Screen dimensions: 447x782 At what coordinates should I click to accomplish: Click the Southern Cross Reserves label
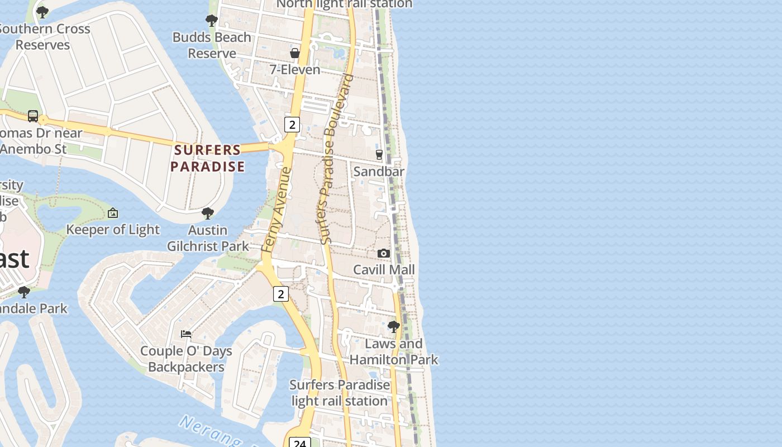point(44,37)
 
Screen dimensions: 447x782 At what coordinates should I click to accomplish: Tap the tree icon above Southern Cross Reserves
point(42,12)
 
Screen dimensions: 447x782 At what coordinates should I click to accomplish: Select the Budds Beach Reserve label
point(212,45)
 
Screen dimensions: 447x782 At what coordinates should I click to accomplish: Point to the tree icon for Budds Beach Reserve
point(211,21)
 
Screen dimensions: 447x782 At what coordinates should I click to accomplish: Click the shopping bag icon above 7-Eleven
point(294,53)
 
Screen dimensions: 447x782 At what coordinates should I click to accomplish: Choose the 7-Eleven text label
point(295,70)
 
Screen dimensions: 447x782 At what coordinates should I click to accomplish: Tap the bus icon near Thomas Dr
point(33,116)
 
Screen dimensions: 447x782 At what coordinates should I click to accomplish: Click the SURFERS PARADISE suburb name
point(208,158)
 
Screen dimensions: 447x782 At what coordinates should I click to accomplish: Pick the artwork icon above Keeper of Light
point(113,213)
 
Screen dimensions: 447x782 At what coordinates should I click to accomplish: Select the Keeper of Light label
point(113,230)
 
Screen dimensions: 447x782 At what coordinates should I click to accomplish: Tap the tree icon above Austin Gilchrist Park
point(208,213)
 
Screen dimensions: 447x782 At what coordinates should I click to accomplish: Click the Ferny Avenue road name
point(277,210)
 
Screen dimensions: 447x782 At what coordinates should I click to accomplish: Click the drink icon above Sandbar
point(379,155)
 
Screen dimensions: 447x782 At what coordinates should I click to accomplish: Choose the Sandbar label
point(379,172)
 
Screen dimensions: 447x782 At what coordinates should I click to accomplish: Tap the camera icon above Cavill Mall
point(383,254)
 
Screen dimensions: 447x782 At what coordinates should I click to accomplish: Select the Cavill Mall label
point(384,270)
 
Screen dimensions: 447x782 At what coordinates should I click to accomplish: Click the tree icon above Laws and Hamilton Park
point(394,326)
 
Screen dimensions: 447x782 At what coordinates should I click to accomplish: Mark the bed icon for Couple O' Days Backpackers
point(186,334)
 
